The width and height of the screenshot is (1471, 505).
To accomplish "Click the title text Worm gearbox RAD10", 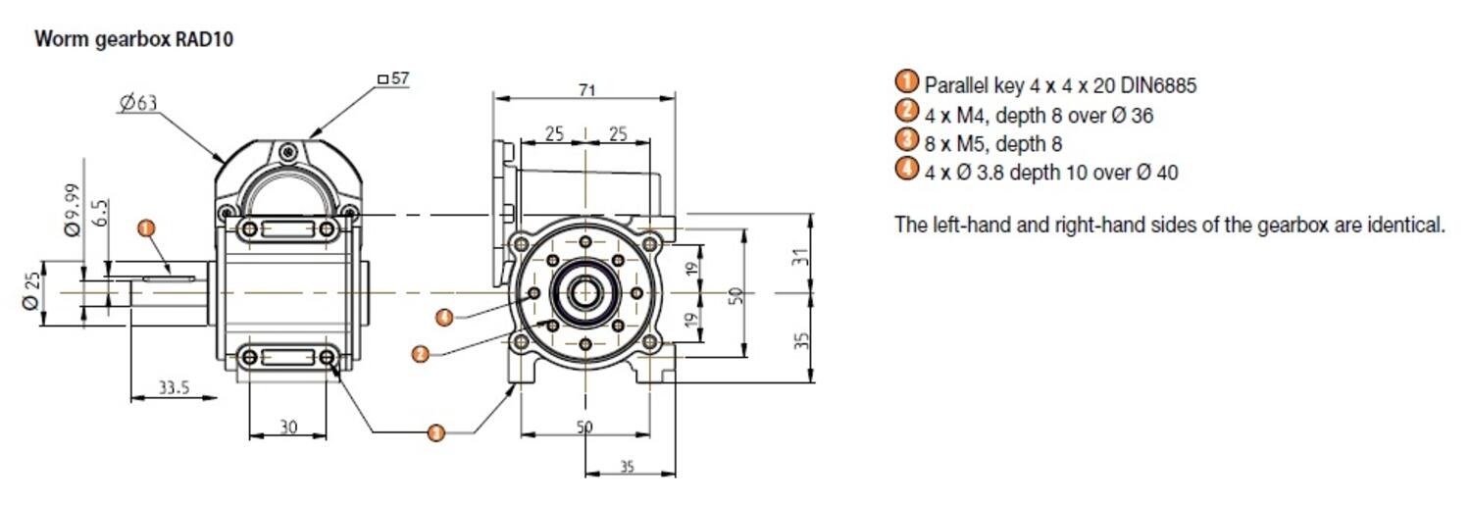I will (133, 40).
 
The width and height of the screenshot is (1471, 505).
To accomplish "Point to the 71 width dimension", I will (585, 90).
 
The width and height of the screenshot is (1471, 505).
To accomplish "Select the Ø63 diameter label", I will (138, 103).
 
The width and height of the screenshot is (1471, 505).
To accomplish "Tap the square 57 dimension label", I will (392, 78).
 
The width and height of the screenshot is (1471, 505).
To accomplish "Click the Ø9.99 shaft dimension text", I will (72, 210).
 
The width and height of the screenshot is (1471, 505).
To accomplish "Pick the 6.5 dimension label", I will (102, 214).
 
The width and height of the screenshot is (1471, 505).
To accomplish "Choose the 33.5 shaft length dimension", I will (174, 388).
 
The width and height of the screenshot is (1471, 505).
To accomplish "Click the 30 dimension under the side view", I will (288, 427).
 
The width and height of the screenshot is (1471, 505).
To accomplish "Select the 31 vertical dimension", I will (801, 257).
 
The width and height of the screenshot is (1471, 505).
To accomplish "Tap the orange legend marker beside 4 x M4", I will (907, 111).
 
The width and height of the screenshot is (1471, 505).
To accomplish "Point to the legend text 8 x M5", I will (951, 144).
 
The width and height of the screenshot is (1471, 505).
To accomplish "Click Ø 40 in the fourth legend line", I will (1157, 173).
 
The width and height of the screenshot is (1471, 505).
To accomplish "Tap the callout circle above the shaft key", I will (146, 228).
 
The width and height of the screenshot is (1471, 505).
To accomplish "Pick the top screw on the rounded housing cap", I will (287, 151).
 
